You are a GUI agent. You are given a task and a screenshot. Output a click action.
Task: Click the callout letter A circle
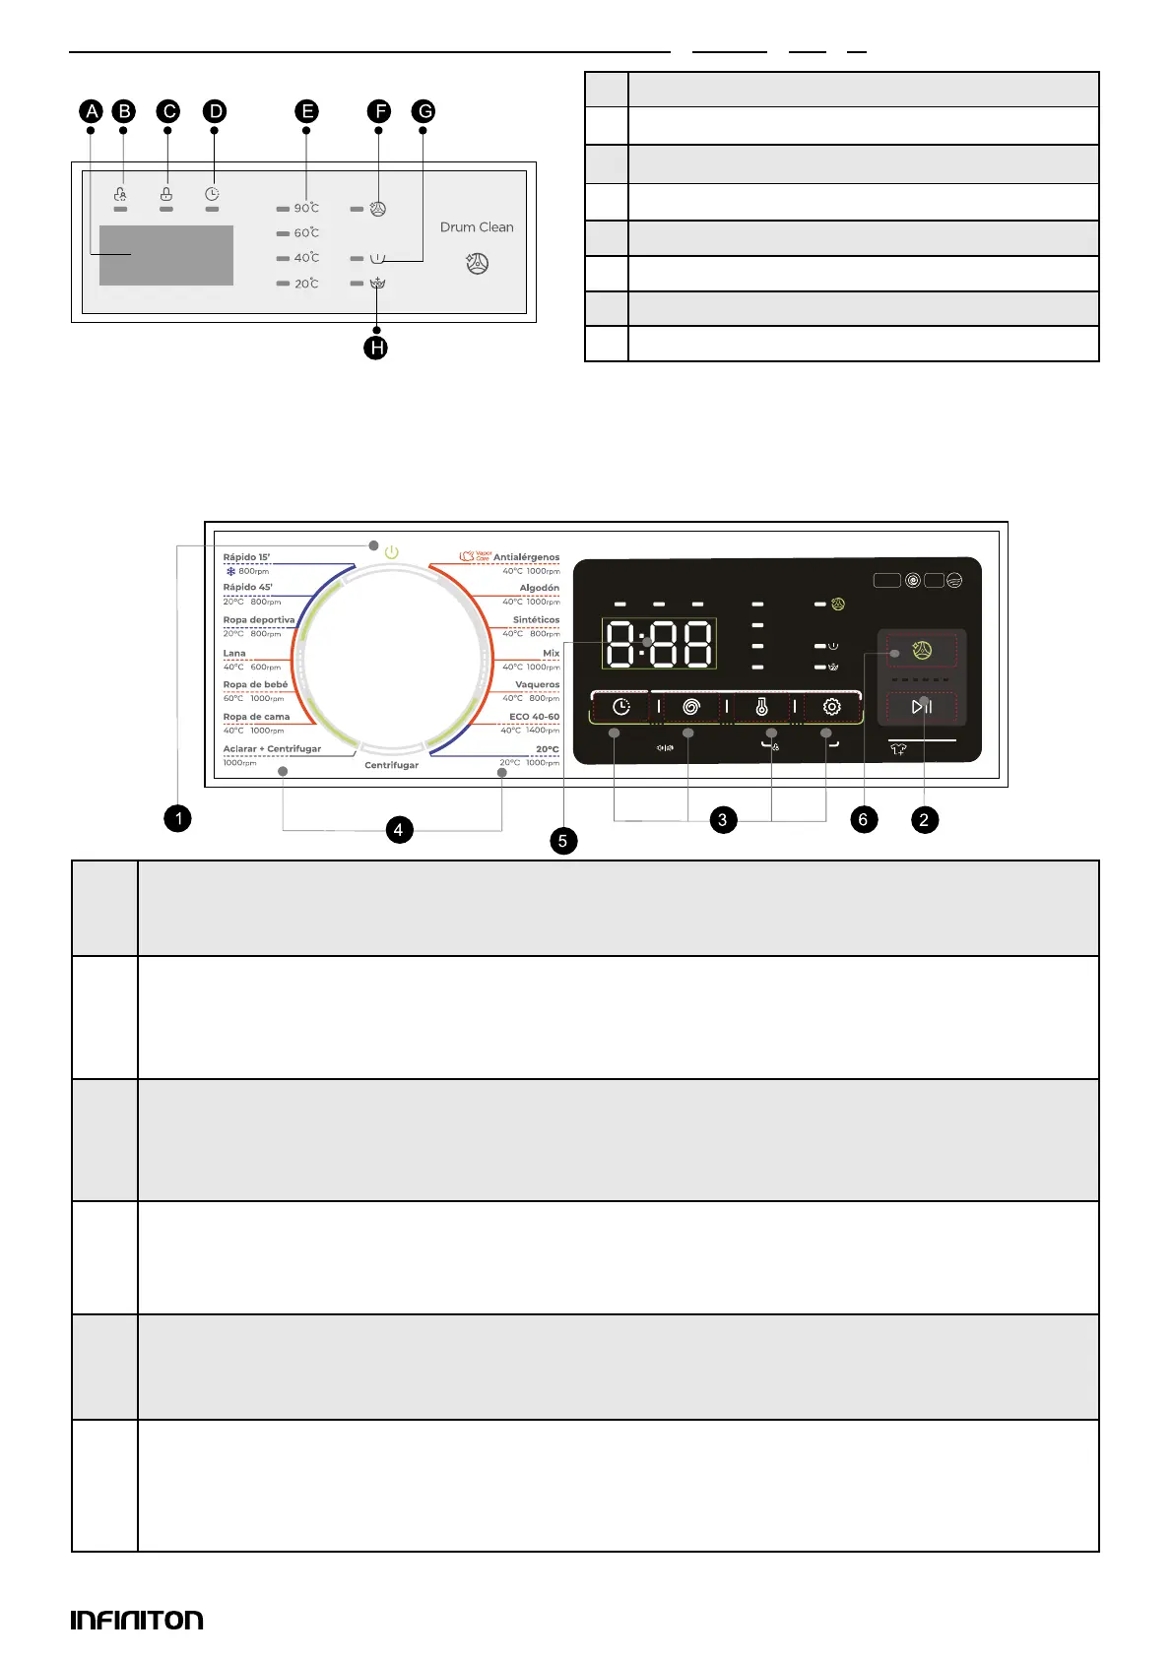[92, 111]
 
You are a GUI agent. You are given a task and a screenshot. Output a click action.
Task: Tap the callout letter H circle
[375, 348]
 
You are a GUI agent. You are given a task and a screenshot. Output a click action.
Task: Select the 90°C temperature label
[306, 208]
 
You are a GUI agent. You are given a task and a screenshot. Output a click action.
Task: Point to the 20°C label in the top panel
[306, 284]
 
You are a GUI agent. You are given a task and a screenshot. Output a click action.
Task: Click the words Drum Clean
[477, 227]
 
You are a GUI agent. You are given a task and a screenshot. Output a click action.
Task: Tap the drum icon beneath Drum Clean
[477, 264]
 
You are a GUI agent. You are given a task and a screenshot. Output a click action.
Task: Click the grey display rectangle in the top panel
[166, 255]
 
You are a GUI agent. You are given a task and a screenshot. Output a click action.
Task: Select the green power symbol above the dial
[392, 552]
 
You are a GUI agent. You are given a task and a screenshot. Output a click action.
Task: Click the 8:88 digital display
[659, 645]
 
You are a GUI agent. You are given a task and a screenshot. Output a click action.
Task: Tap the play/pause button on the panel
[922, 706]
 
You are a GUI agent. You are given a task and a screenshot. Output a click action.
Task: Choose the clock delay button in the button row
[621, 707]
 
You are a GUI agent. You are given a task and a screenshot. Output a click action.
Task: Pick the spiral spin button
[691, 707]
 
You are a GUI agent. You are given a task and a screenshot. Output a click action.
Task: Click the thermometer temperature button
[761, 707]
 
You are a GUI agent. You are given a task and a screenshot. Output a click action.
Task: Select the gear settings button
[831, 707]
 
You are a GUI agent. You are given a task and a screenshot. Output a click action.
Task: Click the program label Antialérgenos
[526, 557]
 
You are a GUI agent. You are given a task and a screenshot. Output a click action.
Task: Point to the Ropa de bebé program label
[255, 684]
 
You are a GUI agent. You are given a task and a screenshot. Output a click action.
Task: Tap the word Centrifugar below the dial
[392, 765]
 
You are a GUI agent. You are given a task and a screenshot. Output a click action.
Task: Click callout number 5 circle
[563, 840]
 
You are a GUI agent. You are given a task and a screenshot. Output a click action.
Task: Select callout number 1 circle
[178, 818]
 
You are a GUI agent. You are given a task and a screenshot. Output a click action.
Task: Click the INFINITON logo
[137, 1620]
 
